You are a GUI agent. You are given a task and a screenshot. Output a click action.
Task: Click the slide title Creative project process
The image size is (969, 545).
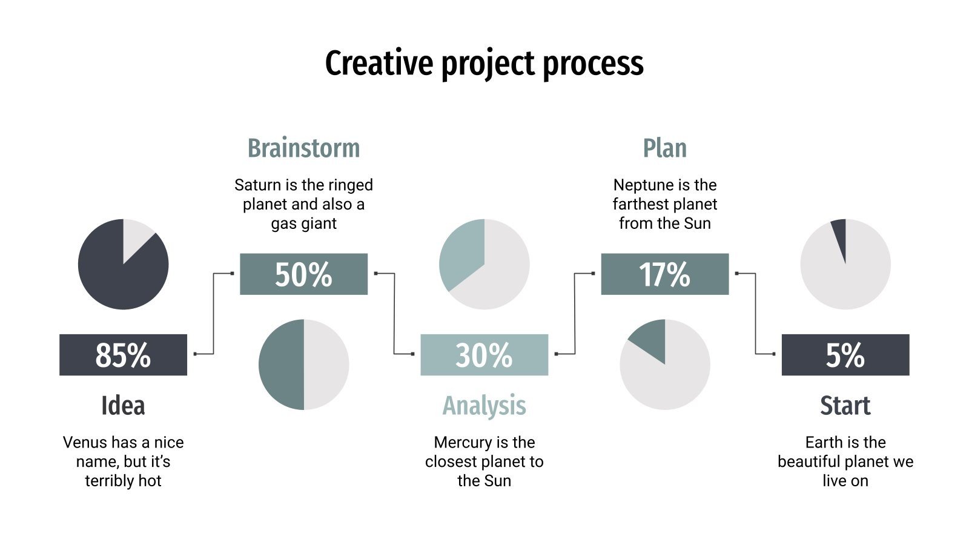pos(484,64)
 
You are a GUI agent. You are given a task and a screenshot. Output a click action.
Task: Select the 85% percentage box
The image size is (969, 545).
pos(123,355)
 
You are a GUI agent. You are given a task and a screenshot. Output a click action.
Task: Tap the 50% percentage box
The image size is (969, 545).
pos(303,274)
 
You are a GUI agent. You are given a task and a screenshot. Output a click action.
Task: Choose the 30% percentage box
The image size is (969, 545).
pos(484,355)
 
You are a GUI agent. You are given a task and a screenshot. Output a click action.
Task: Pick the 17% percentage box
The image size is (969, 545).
pos(664,274)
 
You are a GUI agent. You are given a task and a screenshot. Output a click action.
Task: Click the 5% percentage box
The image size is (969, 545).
pos(845,355)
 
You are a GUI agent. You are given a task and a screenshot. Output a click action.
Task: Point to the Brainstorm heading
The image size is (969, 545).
pos(303,148)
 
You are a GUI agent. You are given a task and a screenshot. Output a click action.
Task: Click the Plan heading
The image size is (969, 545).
pos(664,148)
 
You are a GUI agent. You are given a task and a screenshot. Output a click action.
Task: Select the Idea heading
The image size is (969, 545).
pos(123,406)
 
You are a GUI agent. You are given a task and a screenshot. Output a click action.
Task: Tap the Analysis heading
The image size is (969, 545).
pos(484,406)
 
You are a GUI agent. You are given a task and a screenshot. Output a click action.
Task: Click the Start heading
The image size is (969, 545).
pos(845,406)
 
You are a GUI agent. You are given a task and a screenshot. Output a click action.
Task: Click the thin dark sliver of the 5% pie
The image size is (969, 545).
pos(840,233)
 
